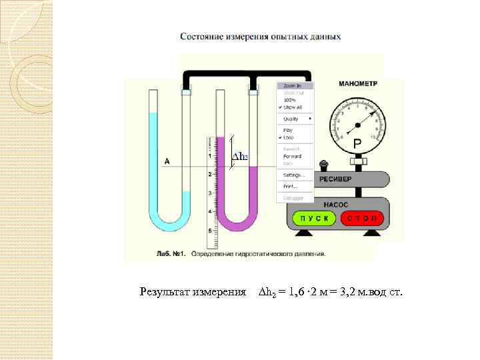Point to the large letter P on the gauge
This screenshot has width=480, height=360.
click(357, 143)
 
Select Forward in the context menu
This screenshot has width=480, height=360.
click(293, 156)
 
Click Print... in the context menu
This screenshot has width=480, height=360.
click(290, 186)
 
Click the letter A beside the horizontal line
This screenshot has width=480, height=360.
click(166, 161)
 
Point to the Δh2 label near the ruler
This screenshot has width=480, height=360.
click(239, 157)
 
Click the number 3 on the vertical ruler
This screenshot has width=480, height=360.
click(210, 193)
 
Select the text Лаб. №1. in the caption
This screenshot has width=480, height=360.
click(171, 253)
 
